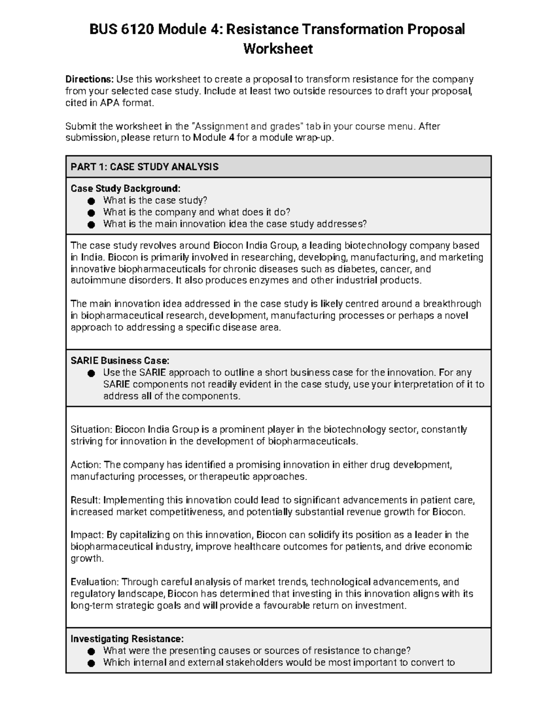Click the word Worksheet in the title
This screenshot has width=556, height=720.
[278, 49]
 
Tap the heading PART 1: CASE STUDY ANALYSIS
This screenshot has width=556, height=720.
[144, 167]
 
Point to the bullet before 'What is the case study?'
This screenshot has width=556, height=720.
[91, 201]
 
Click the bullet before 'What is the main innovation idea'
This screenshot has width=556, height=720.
[91, 224]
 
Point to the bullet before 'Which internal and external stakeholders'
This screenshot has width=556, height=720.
[91, 663]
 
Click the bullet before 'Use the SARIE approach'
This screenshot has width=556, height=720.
[91, 373]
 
